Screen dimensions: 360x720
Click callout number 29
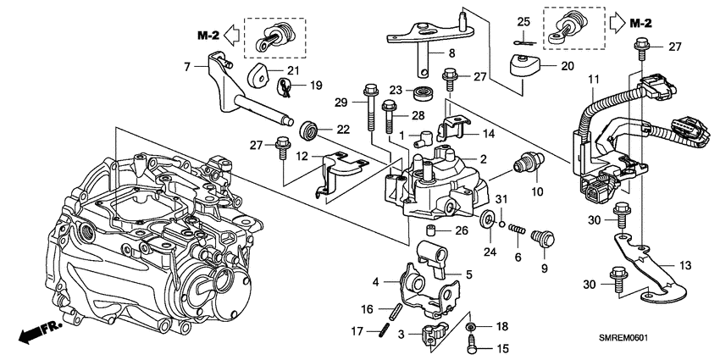click(341, 102)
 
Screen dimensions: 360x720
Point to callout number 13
click(686, 265)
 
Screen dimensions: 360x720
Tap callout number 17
click(358, 331)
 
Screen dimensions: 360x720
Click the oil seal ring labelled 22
click(310, 130)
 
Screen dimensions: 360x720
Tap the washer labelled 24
click(489, 221)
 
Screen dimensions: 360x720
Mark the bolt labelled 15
click(473, 346)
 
